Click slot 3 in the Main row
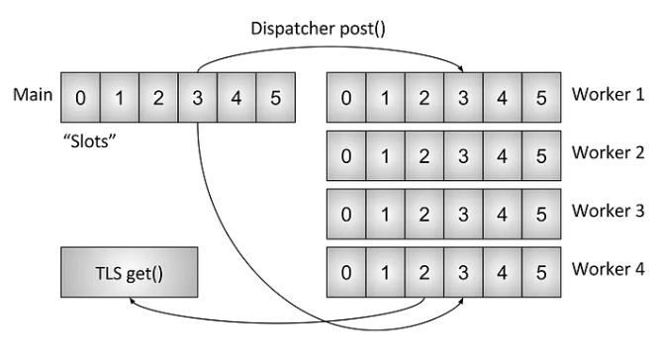(198, 98)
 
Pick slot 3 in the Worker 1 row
(462, 98)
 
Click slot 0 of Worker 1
(344, 98)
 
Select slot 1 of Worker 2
(384, 155)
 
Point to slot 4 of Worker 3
(502, 213)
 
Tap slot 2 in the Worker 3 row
(422, 213)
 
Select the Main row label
(32, 97)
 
